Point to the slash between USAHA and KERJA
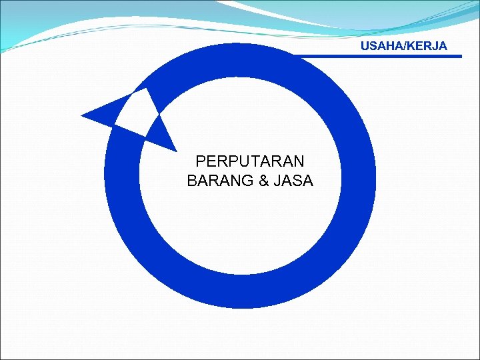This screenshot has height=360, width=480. [x=403, y=46]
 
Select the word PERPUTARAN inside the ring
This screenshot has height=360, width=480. [x=250, y=161]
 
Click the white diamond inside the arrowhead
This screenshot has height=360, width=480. [x=137, y=112]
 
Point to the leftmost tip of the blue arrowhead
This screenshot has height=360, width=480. [x=82, y=117]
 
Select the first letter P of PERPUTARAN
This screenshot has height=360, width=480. [x=201, y=161]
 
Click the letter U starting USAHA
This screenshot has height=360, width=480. [x=365, y=46]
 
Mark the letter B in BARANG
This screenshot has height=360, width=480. [x=193, y=181]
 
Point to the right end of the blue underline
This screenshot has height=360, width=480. [x=459, y=56]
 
